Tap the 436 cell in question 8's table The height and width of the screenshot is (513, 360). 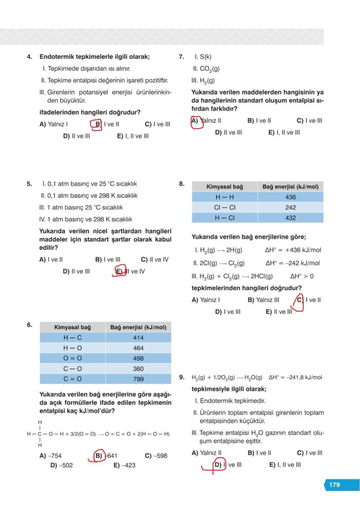290,197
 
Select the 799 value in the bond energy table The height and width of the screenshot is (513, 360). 138,379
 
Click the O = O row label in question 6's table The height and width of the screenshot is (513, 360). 72,358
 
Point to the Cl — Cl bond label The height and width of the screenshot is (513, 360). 225,207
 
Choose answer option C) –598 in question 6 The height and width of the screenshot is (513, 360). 156,456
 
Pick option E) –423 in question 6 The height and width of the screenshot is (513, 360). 124,465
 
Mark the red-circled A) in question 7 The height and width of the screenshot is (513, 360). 196,121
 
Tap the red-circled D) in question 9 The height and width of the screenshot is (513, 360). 218,465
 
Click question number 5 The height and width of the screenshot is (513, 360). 30,184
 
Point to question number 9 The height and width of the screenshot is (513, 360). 182,377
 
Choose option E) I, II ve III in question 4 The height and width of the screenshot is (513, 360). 133,136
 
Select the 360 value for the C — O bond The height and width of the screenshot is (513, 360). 138,369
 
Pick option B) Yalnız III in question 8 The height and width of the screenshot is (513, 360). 263,300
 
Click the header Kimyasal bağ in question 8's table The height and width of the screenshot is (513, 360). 225,187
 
